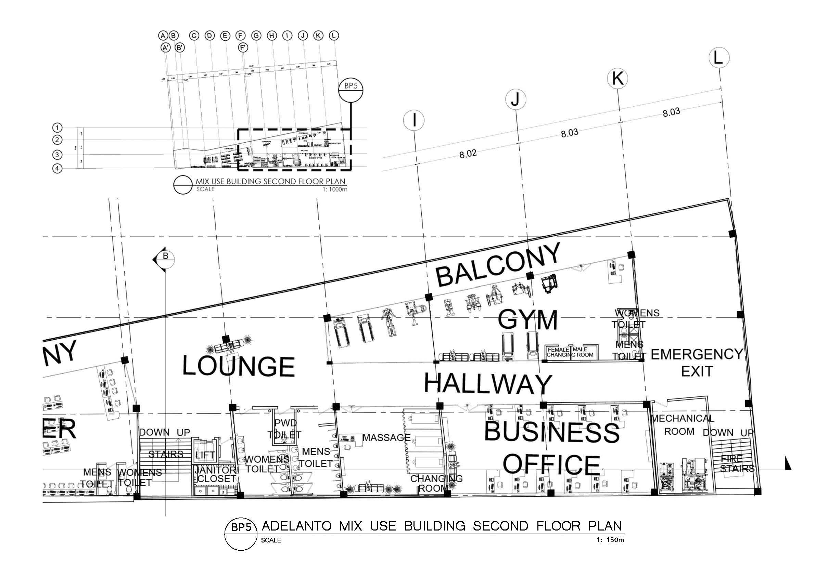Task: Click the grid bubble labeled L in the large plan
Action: point(719,58)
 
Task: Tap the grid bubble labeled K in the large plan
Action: point(617,78)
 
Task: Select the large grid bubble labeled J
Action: point(515,99)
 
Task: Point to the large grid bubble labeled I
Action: point(414,121)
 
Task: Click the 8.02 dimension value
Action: point(468,154)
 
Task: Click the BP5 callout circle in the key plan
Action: point(351,90)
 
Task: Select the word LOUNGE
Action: point(238,366)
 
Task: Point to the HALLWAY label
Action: point(488,384)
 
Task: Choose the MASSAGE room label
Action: point(386,438)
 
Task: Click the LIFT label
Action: point(205,455)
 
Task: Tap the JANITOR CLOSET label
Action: point(215,474)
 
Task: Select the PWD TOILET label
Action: point(285,429)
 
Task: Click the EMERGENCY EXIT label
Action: point(697,363)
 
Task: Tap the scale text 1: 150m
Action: point(610,540)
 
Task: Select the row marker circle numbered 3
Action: point(57,155)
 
